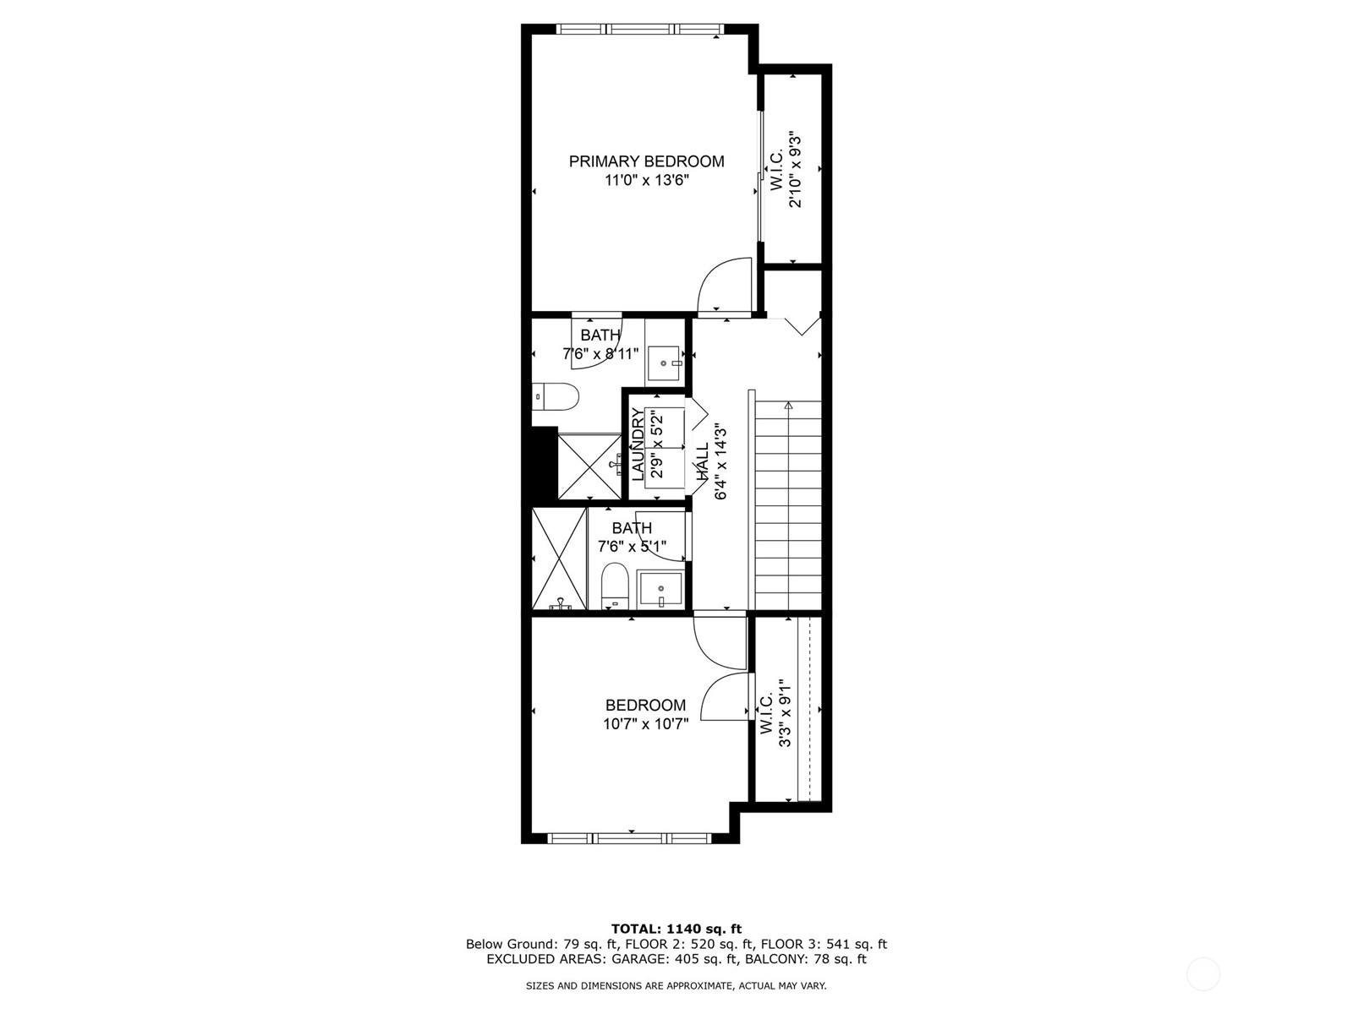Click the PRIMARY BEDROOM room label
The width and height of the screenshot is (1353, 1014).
point(646,161)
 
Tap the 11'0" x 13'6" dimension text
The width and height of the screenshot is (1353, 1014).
point(646,180)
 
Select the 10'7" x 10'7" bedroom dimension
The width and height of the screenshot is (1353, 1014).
point(645,724)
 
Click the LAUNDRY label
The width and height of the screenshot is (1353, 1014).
point(638,444)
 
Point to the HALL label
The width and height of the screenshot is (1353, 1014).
point(703,462)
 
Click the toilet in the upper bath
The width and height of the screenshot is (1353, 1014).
point(555,397)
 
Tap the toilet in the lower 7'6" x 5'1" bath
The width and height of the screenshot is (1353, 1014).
point(614,586)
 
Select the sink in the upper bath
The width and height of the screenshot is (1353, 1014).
point(665,363)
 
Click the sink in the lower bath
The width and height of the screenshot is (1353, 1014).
point(660,589)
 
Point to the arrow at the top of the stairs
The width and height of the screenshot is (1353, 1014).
point(788,405)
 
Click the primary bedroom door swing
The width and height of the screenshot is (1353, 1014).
point(724,285)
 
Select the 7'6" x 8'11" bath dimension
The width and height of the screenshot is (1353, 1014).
point(600,354)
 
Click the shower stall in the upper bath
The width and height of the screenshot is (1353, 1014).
point(589,466)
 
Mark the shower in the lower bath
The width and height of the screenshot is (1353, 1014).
point(559,559)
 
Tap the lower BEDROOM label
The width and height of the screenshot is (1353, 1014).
point(645,705)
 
